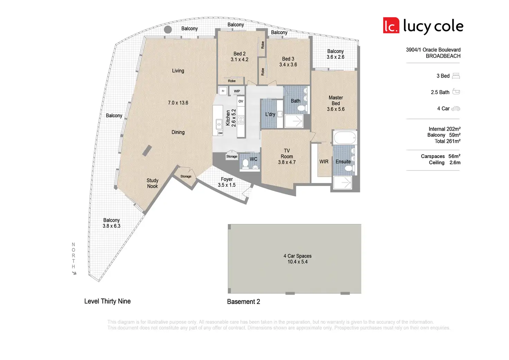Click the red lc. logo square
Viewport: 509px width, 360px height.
[391, 26]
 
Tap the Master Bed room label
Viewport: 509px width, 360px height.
[336, 101]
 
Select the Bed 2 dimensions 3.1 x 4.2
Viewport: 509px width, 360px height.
[240, 59]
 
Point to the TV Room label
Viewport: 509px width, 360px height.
[287, 154]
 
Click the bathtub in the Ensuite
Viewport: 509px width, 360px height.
[345, 138]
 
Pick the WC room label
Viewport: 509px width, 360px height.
[253, 159]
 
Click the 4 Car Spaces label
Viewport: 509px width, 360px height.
[297, 256]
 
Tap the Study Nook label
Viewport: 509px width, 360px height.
[152, 183]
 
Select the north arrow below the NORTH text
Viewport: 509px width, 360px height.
[74, 273]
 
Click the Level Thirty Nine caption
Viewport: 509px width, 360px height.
[108, 301]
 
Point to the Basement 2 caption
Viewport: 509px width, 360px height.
[243, 302]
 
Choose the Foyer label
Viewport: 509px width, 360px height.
[227, 179]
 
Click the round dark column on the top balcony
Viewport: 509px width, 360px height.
[168, 30]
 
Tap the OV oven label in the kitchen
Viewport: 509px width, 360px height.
[241, 101]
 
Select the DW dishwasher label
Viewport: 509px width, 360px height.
[220, 133]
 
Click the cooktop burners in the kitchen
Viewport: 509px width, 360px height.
[241, 120]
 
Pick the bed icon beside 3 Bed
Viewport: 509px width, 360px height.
[456, 76]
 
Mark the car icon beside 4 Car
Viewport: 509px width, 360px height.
[456, 109]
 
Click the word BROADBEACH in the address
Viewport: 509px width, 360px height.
[443, 56]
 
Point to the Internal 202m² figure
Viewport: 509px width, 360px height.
[444, 129]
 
